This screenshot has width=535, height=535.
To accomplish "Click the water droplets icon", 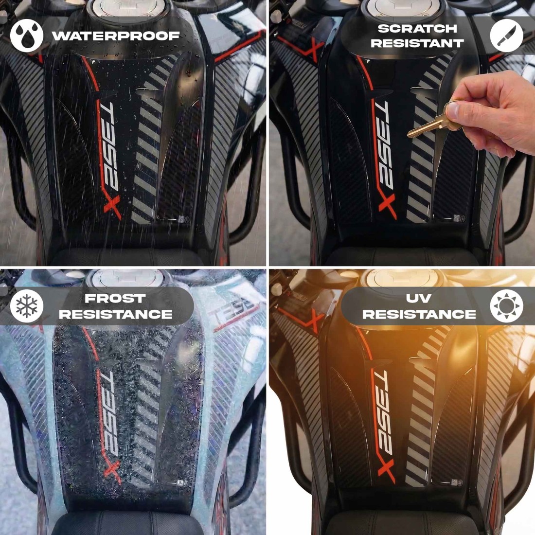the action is [27, 36].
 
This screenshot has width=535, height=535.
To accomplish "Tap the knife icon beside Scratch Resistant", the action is [506, 36].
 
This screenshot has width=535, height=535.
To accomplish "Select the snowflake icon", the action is [27, 306].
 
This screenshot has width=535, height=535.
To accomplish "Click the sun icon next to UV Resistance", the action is [506, 306].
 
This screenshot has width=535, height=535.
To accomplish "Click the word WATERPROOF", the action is [116, 36].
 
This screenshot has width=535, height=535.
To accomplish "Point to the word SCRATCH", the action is [417, 28].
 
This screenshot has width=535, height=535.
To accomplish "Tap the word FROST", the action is [115, 299].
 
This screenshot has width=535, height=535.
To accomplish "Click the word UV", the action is [419, 299].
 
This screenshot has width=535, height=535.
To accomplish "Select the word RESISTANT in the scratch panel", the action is [417, 43].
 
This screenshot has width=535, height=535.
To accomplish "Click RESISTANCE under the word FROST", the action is [115, 314].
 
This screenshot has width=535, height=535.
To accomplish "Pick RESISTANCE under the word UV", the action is [419, 314].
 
